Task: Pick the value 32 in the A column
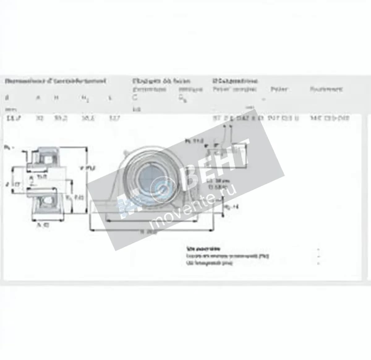39,118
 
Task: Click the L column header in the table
110,99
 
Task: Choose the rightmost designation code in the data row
330,118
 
